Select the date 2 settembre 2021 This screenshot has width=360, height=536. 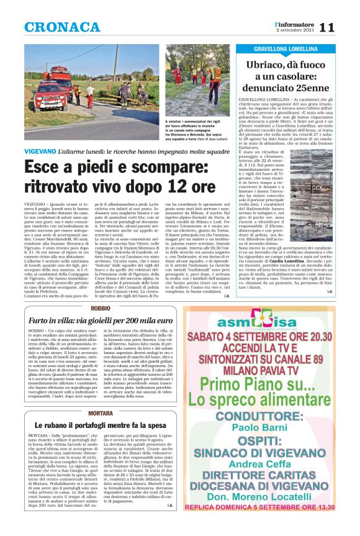[x=295, y=30]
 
